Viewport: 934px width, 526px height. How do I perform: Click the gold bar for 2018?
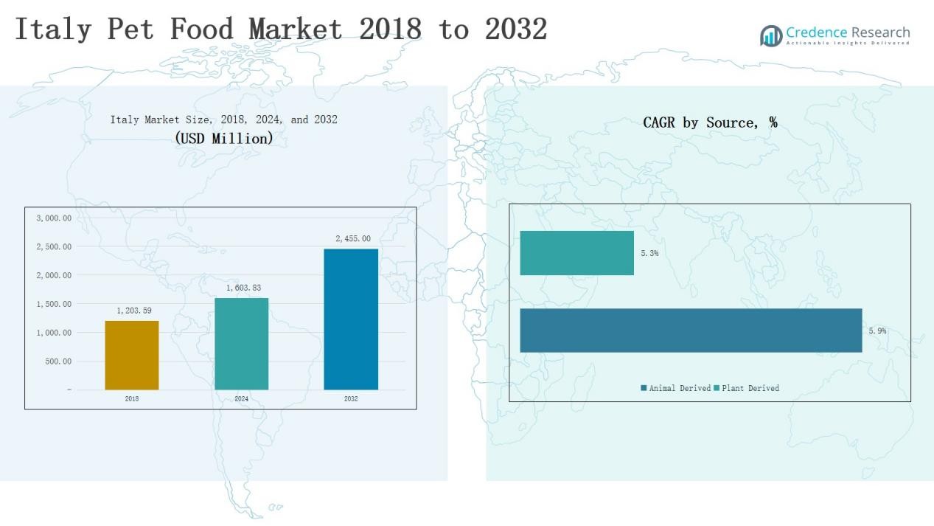[x=132, y=355]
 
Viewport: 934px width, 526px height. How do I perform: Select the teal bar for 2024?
[x=241, y=344]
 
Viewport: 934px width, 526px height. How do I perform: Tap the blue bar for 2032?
[x=351, y=319]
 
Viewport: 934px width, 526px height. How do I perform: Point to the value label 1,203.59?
[x=134, y=311]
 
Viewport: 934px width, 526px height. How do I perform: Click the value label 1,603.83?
[x=242, y=288]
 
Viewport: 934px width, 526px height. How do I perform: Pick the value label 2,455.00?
[x=353, y=239]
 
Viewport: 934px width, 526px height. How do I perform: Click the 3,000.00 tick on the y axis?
[x=54, y=218]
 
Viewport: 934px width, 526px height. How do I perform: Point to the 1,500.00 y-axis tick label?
[x=54, y=304]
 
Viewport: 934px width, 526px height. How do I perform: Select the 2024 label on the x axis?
[x=242, y=399]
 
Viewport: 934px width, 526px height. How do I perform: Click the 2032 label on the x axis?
[x=351, y=399]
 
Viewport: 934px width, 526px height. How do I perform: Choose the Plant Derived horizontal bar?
[x=576, y=253]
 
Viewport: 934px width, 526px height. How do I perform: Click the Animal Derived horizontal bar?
[x=691, y=331]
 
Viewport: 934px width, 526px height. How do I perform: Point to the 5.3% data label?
[x=649, y=253]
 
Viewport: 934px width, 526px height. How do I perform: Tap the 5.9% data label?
[x=877, y=331]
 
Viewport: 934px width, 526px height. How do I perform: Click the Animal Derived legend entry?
[x=675, y=388]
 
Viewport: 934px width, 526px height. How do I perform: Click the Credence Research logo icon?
[x=771, y=35]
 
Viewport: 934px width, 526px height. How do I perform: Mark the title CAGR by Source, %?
[x=710, y=122]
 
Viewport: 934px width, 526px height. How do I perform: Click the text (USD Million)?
[x=224, y=138]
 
